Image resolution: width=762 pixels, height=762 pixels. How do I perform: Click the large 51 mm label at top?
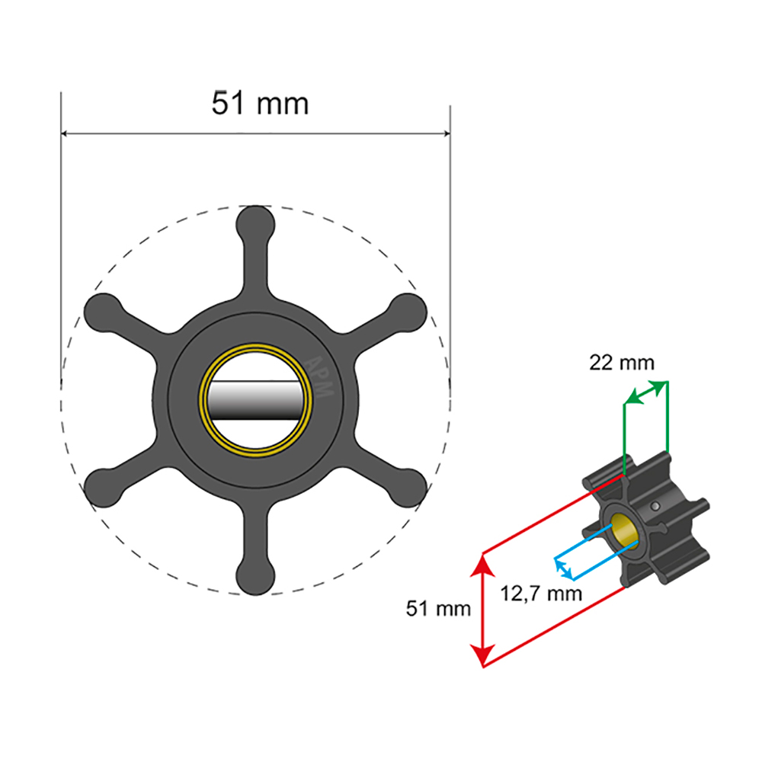click(260, 104)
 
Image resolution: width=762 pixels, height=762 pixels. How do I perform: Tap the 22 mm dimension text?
click(621, 363)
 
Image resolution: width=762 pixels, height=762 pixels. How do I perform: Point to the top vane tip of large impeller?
click(255, 223)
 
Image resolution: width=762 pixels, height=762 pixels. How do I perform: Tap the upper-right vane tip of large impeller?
click(408, 311)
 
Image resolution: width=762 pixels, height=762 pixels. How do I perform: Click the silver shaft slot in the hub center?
click(255, 401)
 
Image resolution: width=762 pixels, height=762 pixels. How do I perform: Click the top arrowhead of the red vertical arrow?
click(481, 565)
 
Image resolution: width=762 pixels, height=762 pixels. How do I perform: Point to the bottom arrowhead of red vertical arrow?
click(481, 657)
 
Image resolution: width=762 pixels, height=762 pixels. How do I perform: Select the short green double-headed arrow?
click(645, 392)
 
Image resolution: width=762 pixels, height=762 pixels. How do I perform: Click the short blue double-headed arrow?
click(564, 568)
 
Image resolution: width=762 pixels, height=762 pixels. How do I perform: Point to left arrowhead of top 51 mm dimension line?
click(66, 133)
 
